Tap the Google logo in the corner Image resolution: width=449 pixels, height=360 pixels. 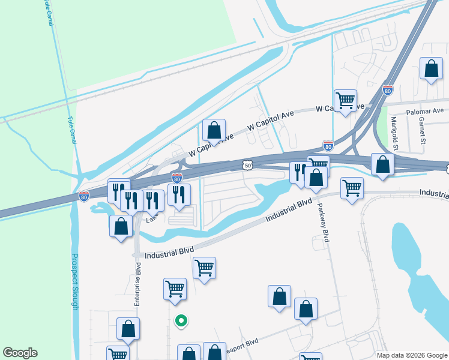click(20, 353)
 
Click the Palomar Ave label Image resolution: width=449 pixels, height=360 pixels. click(424, 110)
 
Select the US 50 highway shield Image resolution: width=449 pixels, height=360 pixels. click(248, 164)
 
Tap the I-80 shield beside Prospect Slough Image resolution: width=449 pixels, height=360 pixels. click(84, 196)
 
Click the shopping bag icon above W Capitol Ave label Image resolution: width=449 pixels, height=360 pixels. click(214, 130)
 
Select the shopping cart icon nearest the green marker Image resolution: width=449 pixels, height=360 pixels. click(175, 289)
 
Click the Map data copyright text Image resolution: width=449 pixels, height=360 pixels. click(411, 355)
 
